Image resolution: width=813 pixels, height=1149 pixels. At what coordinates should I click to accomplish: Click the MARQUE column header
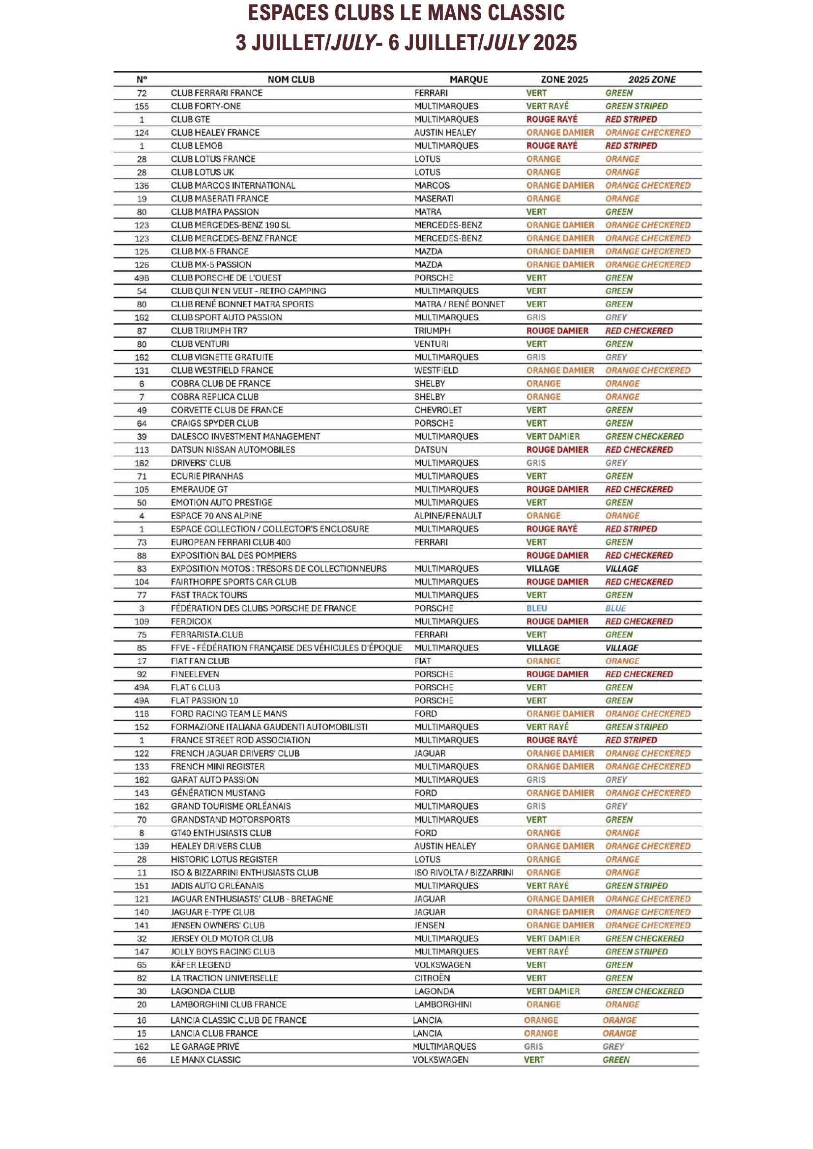click(x=468, y=80)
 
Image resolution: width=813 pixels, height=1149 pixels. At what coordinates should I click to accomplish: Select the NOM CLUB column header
click(x=291, y=80)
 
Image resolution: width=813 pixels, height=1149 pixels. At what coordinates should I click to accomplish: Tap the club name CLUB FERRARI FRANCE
click(x=216, y=93)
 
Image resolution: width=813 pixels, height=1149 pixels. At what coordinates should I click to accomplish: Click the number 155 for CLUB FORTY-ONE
click(x=142, y=107)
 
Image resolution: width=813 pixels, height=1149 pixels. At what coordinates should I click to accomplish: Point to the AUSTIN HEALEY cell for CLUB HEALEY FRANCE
click(x=444, y=133)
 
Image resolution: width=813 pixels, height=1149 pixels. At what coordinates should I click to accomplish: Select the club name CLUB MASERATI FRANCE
click(x=219, y=198)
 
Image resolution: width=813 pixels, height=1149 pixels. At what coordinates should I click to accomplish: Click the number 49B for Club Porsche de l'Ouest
click(x=142, y=278)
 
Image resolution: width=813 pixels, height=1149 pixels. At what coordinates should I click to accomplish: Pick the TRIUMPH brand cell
click(x=432, y=331)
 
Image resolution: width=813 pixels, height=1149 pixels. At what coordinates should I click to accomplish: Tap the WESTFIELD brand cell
click(x=436, y=370)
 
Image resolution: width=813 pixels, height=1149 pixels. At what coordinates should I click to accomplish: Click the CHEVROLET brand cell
click(x=438, y=410)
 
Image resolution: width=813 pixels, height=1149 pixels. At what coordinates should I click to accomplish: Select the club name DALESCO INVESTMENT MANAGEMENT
click(x=245, y=436)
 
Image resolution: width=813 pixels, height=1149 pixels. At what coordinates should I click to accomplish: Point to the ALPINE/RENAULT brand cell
click(x=448, y=515)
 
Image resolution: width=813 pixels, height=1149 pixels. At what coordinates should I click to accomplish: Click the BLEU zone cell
click(x=537, y=608)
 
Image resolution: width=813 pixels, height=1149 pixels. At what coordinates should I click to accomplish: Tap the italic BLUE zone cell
click(x=615, y=608)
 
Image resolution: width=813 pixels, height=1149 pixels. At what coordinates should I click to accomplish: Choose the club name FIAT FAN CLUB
click(x=200, y=661)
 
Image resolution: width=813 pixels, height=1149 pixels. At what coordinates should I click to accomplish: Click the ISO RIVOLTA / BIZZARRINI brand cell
click(x=464, y=872)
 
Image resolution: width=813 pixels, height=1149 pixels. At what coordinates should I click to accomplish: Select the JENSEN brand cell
click(x=429, y=925)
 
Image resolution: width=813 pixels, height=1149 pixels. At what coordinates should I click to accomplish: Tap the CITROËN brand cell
click(x=432, y=978)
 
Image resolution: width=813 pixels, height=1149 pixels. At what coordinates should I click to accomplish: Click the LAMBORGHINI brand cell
click(x=442, y=1005)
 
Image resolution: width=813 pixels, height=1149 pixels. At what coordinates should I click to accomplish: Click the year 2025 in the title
click(x=554, y=43)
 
